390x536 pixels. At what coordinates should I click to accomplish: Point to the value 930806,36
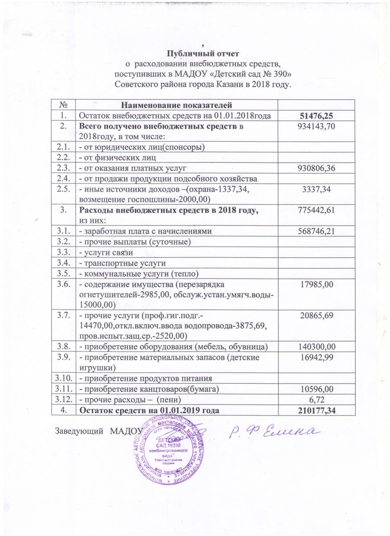click(x=317, y=167)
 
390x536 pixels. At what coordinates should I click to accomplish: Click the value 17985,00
click(x=317, y=284)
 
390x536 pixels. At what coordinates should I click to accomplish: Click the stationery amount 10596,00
click(x=317, y=389)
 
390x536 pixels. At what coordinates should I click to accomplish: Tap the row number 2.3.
click(x=64, y=167)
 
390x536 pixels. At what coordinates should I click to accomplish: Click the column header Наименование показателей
click(x=177, y=105)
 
